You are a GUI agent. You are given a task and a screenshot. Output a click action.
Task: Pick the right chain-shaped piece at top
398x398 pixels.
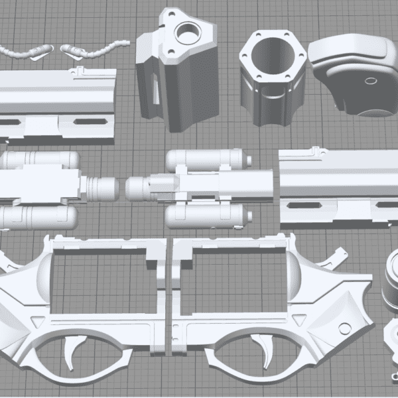click(93, 47)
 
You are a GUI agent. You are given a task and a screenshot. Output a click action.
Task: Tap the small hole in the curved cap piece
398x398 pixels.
click(368, 80)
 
